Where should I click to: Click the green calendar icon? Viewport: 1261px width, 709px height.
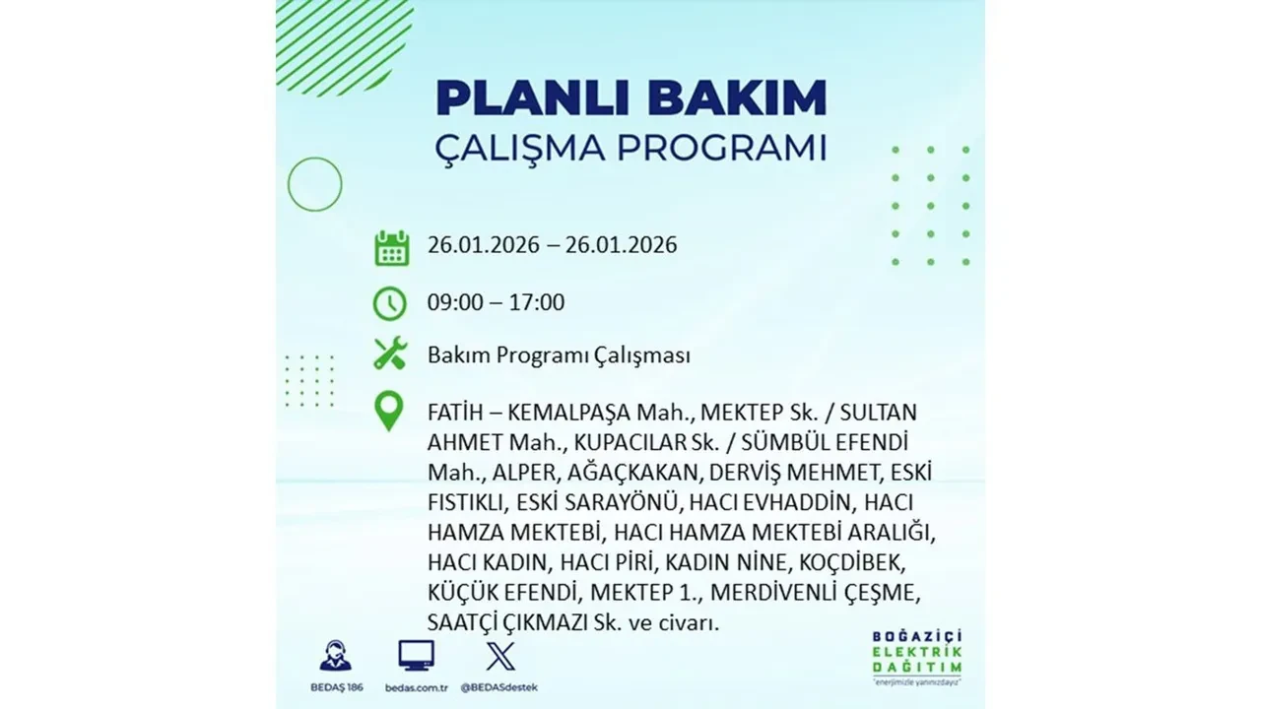click(391, 247)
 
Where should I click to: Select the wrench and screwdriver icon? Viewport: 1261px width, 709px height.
click(390, 354)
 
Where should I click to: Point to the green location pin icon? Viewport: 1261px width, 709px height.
click(390, 412)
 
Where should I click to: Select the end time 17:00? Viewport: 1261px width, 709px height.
click(538, 302)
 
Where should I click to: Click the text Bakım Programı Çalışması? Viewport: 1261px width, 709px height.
click(559, 355)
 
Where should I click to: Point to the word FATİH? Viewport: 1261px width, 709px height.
click(455, 412)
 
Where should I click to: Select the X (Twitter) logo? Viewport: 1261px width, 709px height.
click(500, 656)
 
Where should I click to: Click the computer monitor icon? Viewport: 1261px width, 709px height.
click(416, 656)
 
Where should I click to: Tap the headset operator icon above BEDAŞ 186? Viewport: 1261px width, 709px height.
click(335, 656)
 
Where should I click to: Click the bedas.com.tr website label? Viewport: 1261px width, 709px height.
click(416, 686)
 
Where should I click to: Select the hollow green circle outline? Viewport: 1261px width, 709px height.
click(314, 184)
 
